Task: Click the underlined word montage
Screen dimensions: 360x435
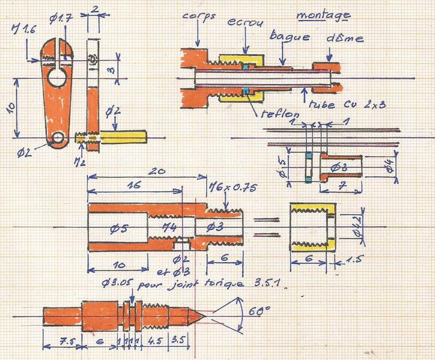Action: tap(324, 14)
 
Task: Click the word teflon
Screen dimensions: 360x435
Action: tap(276, 113)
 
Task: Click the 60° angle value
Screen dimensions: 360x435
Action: tap(260, 312)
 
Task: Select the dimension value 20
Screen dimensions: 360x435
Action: tap(153, 171)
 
